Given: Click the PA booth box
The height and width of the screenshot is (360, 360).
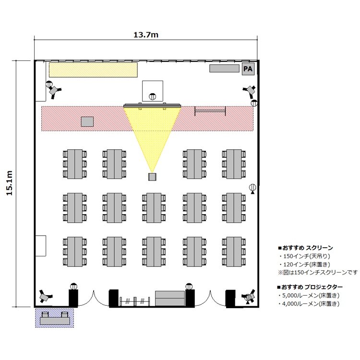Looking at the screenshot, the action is coord(248,69).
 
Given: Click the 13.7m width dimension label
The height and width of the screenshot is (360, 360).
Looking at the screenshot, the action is coord(146,35).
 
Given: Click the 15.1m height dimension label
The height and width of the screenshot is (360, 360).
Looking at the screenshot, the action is coord(9,183).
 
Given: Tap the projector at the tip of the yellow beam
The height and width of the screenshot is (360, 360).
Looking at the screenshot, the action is coord(152,177).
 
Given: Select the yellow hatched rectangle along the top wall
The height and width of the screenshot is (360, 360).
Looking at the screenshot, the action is coord(93,70).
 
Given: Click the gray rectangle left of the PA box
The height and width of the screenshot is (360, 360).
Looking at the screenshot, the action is coord(224,69).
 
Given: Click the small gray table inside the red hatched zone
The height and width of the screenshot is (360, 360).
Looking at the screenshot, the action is coord(87,122).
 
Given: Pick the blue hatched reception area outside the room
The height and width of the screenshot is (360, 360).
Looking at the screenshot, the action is coord(54,318).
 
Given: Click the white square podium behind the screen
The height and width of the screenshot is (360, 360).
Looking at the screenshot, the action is coord(153,91).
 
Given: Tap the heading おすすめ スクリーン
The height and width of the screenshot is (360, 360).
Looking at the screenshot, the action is coord(305,248).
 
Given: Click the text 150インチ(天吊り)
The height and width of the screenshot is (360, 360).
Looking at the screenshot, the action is coord(305,256).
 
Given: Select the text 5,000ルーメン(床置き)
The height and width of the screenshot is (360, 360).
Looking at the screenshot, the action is coord(309,296).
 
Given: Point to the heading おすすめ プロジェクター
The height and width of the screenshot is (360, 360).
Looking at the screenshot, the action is coord(310,287).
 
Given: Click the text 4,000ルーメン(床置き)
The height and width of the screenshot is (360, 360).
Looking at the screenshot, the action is coord(309,304).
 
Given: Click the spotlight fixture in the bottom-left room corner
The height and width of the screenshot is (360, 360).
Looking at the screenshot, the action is coord(45,296).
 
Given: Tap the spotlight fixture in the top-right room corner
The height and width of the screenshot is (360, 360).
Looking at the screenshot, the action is coord(250,90).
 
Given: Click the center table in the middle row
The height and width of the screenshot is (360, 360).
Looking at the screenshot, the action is coord(154,208).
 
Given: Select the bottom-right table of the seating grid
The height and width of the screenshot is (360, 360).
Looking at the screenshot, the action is coord(234,252).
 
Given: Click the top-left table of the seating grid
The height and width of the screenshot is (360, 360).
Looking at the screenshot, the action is coord(75,164).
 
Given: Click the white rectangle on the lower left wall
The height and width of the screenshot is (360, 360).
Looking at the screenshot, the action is coord(41,246).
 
